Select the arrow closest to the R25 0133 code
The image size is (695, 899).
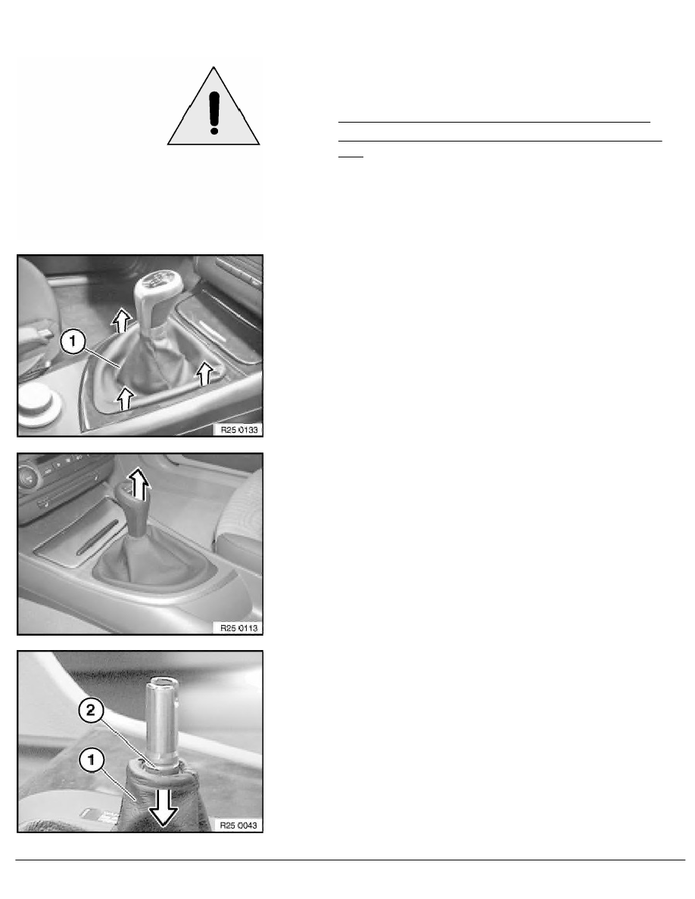203,373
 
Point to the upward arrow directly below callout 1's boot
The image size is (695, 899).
126,398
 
